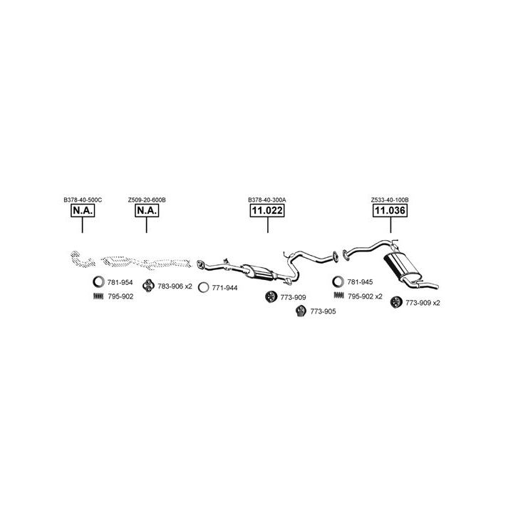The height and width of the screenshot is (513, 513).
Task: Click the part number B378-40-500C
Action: click(x=83, y=199)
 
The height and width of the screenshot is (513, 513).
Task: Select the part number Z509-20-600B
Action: click(x=147, y=199)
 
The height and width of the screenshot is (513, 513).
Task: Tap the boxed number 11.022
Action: click(x=267, y=210)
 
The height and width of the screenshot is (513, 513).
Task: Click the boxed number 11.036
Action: click(x=390, y=210)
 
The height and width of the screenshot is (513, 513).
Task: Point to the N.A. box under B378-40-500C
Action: click(x=83, y=210)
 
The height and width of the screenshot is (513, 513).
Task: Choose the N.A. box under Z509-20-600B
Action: click(x=147, y=210)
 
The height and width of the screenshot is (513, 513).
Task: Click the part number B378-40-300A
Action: click(x=267, y=199)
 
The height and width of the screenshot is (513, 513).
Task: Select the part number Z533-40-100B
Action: click(x=390, y=199)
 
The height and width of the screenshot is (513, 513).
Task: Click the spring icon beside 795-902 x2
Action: click(x=339, y=295)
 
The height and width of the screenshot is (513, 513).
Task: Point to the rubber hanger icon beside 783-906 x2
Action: click(x=148, y=286)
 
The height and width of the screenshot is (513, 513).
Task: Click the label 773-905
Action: click(x=323, y=311)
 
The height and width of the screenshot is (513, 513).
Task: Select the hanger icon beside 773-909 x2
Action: click(x=396, y=302)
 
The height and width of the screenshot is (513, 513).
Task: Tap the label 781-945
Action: click(x=360, y=281)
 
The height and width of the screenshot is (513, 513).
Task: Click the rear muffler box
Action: click(x=400, y=266)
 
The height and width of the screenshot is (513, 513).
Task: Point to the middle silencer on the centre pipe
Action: click(x=258, y=272)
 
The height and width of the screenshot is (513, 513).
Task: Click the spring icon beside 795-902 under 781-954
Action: click(x=98, y=296)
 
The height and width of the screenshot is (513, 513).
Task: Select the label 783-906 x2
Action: click(x=175, y=286)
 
